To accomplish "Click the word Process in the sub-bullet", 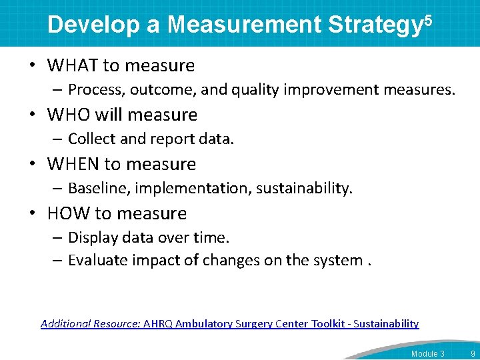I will pos(96,89).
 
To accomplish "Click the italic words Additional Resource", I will pos(90,324).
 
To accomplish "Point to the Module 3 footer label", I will pos(428,353).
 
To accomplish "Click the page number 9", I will pos(473,353).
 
